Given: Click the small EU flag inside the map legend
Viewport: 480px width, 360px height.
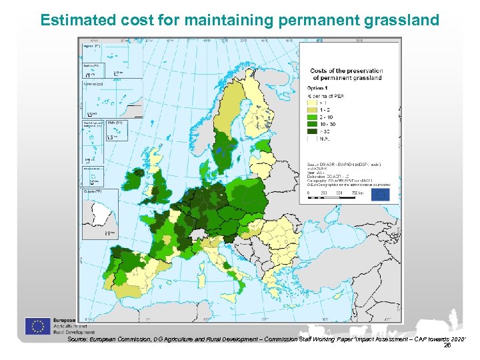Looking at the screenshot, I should pyautogui.click(x=381, y=195).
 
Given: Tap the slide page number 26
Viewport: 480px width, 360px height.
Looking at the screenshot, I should pyautogui.click(x=447, y=345).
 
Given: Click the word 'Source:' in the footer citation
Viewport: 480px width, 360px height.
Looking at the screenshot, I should pyautogui.click(x=78, y=339).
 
